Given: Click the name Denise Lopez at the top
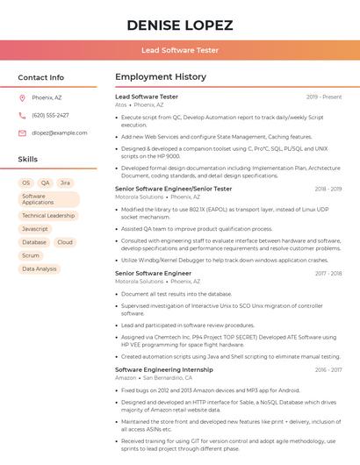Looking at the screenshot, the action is (x=180, y=24).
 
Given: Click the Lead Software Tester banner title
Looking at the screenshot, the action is (x=180, y=50).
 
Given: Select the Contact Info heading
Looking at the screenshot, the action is (x=41, y=77).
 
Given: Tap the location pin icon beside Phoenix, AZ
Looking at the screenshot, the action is (x=22, y=97).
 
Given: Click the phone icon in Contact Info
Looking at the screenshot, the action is (x=22, y=115).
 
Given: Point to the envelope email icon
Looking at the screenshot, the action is (x=22, y=132).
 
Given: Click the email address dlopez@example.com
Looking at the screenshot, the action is (x=59, y=132).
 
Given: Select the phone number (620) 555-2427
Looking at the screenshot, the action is (x=50, y=115).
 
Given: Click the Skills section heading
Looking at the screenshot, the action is (x=28, y=160).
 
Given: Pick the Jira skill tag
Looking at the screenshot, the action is (x=65, y=182).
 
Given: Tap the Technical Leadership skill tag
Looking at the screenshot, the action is (x=48, y=215).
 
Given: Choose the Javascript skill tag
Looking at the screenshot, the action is (x=34, y=229).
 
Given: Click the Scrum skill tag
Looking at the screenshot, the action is (x=31, y=255).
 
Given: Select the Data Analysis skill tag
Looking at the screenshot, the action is (x=40, y=268).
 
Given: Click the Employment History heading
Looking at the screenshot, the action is (x=161, y=77).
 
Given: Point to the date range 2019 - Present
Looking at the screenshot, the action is (x=324, y=97).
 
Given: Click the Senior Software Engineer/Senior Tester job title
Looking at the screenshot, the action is (x=174, y=189).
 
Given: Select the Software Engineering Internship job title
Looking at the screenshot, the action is (x=164, y=369).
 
